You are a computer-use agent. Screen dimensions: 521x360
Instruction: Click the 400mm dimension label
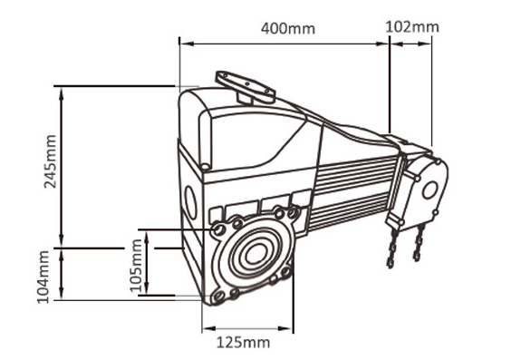coord(288,28)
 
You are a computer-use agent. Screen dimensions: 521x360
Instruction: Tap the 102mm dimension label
coord(412,26)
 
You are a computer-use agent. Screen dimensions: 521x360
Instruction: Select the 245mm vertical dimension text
coord(51,161)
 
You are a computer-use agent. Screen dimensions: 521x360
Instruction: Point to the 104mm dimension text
coord(43,277)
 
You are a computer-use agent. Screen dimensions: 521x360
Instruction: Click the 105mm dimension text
coord(136,266)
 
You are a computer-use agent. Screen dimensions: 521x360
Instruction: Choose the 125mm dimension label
coord(243,343)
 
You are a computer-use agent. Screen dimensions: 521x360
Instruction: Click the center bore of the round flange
coord(255,253)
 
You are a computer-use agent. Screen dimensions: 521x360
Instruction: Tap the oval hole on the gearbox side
coord(190,202)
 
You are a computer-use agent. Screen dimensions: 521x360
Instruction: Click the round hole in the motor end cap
coord(429,190)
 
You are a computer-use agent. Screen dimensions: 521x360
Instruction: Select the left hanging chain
coord(392,248)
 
